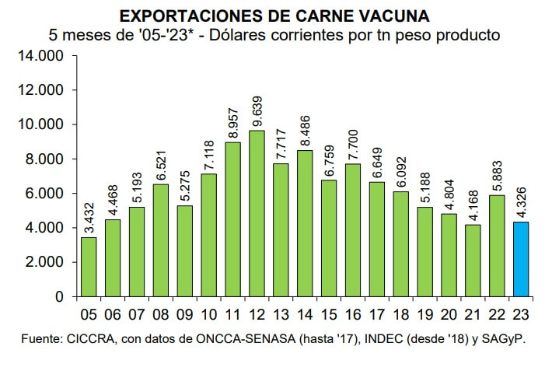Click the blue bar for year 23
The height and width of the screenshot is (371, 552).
point(521,259)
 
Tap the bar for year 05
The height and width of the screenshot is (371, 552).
point(89,267)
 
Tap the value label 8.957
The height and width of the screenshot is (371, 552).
point(232,120)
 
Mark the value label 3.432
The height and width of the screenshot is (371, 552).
point(89,215)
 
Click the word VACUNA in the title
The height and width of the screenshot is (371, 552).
point(394,16)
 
